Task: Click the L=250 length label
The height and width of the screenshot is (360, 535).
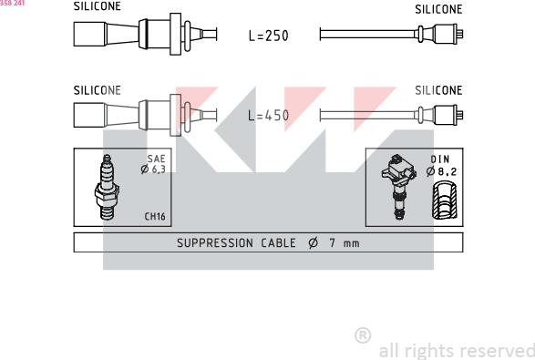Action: point(269,36)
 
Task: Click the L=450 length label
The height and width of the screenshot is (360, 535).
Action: point(269,116)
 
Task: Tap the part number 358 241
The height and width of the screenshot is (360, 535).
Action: point(12,3)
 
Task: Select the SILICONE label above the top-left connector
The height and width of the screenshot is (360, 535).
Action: point(98,6)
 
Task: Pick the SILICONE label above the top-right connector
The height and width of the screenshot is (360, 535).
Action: point(438,9)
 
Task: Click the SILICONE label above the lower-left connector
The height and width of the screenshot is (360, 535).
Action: point(98,90)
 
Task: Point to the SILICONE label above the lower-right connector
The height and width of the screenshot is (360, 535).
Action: point(438,90)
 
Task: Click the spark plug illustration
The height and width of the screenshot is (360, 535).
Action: point(107,187)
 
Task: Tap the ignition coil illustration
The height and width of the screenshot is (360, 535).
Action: point(398,186)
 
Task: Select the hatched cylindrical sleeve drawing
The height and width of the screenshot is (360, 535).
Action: point(444,200)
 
